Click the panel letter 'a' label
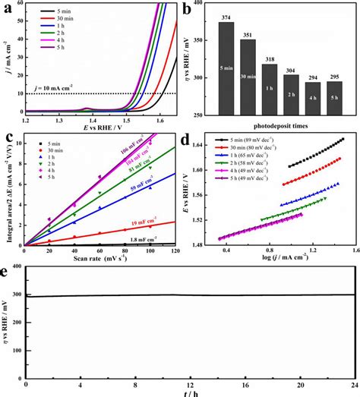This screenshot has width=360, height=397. tap(6, 9)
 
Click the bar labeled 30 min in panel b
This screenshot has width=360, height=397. tap(248, 77)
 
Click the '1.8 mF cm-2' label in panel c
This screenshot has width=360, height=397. tap(142, 240)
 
